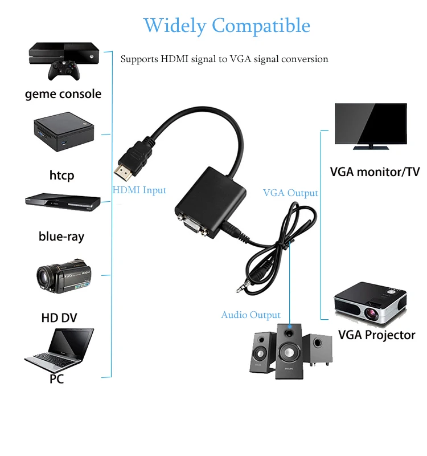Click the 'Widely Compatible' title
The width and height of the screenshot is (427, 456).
click(x=227, y=26)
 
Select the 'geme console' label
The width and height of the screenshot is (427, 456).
click(x=63, y=94)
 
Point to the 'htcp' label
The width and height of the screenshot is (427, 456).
click(x=61, y=175)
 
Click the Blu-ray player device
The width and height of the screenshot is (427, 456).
click(x=63, y=203)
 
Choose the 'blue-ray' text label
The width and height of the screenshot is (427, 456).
click(x=61, y=236)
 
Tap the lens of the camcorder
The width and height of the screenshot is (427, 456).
click(x=44, y=278)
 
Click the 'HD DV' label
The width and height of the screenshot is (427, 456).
click(x=59, y=317)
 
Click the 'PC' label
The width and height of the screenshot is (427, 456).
click(x=56, y=378)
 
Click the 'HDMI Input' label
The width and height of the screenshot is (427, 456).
click(x=139, y=190)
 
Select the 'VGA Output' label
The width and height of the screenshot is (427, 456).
click(x=290, y=193)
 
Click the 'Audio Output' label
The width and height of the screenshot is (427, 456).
click(x=251, y=315)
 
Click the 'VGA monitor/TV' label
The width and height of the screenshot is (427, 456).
click(x=375, y=172)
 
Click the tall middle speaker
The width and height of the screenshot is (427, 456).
click(x=290, y=351)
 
